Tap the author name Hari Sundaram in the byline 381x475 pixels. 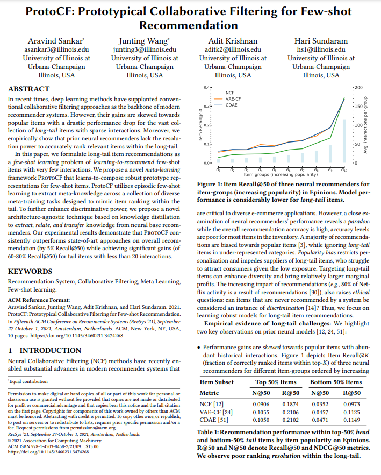[321, 41]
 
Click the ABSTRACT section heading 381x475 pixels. [30, 89]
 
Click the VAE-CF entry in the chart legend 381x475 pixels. [233, 99]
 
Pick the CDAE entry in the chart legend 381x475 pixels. [231, 105]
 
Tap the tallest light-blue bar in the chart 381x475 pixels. [344, 141]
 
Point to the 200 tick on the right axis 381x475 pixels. [358, 87]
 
